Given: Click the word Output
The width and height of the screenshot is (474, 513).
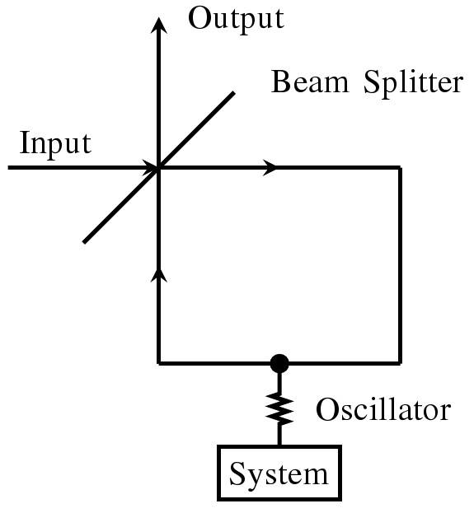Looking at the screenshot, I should [x=236, y=18].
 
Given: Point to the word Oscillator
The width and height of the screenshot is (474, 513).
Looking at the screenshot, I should [x=384, y=409].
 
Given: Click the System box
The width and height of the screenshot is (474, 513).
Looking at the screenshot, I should [x=278, y=473].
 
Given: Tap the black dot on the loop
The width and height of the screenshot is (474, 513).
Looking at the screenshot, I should [x=279, y=362].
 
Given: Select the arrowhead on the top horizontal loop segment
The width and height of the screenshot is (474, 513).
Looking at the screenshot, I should [x=271, y=169].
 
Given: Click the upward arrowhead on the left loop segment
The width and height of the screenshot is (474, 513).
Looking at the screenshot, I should [x=157, y=273].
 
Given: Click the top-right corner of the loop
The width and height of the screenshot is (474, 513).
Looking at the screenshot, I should [x=400, y=169].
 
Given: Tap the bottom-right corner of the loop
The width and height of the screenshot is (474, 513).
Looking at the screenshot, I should [x=400, y=362].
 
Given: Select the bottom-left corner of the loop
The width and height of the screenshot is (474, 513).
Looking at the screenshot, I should [x=157, y=362].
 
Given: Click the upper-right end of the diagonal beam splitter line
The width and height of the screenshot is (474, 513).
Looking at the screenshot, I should [x=235, y=93].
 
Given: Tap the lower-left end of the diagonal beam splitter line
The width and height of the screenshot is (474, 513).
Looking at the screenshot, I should [x=84, y=241].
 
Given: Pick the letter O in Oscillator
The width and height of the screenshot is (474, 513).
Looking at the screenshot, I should [x=327, y=409].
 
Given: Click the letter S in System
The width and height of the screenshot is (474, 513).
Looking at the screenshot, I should [x=237, y=474].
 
